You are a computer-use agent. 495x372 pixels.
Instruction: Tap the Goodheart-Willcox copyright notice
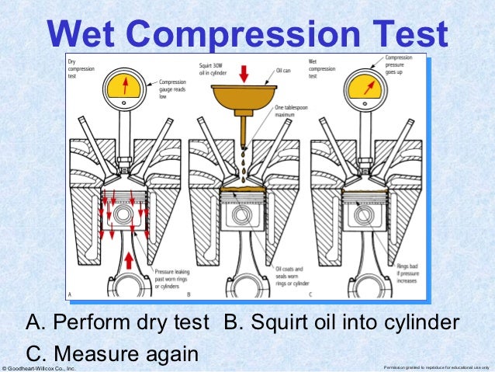(x=39, y=367)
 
